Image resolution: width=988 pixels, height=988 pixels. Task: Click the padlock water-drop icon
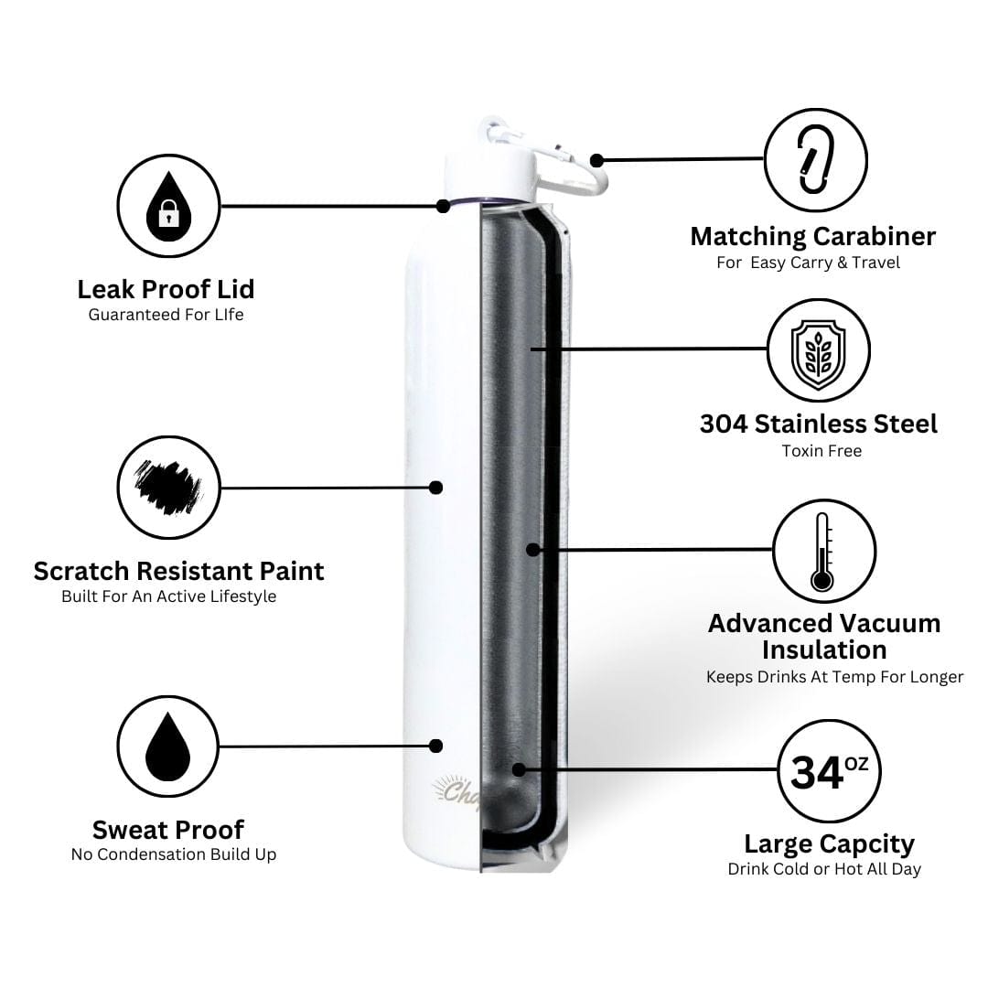168,206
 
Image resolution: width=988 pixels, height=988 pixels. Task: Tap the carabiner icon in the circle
816,160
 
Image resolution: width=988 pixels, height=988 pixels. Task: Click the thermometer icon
822,552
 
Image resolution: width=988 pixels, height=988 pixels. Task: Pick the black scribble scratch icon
168,487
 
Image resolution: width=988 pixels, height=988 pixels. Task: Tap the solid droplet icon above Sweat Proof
167,746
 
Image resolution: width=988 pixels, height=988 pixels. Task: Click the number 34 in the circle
817,773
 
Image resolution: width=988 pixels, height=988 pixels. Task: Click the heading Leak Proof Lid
166,289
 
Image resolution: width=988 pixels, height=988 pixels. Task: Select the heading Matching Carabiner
813,237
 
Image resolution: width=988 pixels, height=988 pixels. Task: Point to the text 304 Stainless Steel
819,424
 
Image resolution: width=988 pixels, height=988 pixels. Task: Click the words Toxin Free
822,451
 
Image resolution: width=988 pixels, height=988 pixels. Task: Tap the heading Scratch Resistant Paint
179,572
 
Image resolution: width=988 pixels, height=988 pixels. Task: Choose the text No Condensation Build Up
174,854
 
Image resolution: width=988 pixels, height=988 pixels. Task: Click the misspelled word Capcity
867,844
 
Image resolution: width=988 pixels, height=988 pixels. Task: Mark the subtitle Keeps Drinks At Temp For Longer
835,677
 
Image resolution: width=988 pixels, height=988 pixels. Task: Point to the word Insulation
824,650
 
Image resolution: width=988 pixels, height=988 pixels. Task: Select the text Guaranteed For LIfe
166,315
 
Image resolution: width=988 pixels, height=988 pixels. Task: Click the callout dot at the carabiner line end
596,161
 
